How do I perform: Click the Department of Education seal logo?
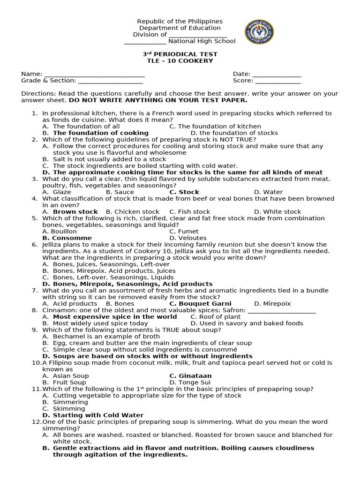[259, 32]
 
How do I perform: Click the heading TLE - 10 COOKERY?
[180, 61]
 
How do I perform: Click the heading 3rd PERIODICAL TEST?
[180, 54]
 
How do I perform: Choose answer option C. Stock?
[184, 192]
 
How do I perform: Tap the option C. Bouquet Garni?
[201, 304]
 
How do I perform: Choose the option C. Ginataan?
[190, 376]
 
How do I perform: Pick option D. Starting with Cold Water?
[93, 415]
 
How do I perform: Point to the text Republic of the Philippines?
[180, 22]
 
